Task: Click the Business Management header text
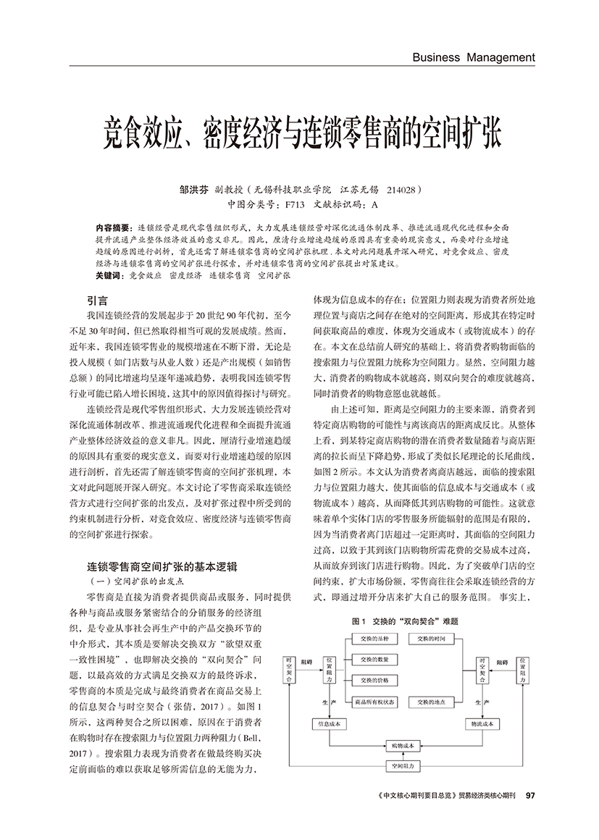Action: (473, 57)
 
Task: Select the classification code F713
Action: (296, 203)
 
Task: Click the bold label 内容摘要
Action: (112, 227)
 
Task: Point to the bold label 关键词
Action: (109, 276)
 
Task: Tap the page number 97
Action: (530, 794)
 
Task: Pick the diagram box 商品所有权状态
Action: (374, 702)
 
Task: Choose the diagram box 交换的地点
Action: (432, 702)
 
